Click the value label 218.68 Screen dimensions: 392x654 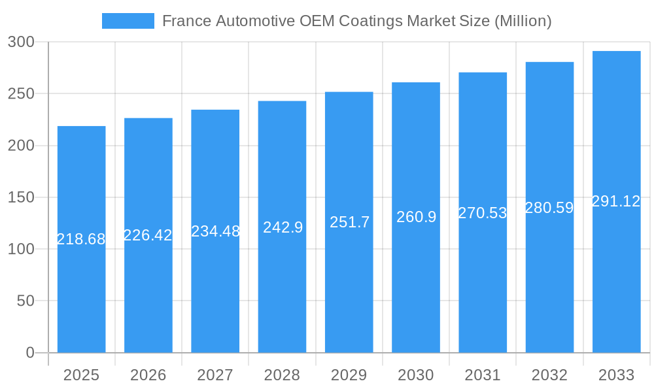(x=81, y=239)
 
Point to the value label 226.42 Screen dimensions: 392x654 (x=148, y=235)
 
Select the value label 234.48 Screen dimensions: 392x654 (x=215, y=231)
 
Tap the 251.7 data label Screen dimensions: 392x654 (x=349, y=222)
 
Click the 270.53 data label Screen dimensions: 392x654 (x=483, y=213)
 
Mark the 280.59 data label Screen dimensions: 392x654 (x=549, y=208)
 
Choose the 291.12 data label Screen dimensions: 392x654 (x=616, y=201)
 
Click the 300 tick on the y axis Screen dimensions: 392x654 (x=21, y=42)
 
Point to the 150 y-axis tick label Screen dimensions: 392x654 (x=21, y=197)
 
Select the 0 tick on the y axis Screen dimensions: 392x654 (x=30, y=353)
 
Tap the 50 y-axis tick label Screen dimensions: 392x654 (x=25, y=301)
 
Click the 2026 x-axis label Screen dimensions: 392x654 (x=148, y=375)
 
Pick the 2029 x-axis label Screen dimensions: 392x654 (x=349, y=375)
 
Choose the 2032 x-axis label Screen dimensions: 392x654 (x=549, y=375)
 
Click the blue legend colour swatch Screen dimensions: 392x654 (x=128, y=21)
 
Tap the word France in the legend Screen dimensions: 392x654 (x=186, y=21)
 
